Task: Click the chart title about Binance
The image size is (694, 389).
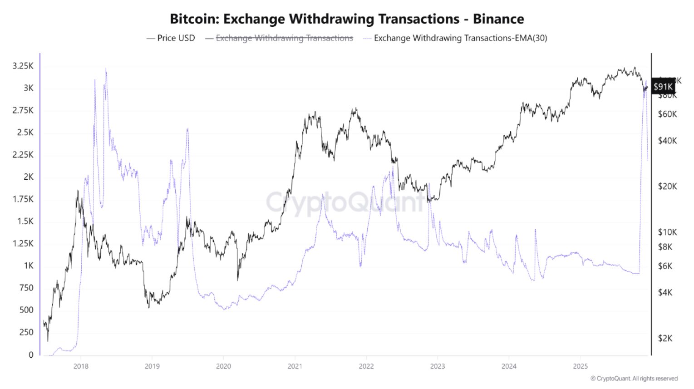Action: tap(347, 19)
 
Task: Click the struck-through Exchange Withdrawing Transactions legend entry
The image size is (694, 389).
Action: tap(284, 38)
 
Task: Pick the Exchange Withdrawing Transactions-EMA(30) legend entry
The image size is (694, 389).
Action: tap(460, 38)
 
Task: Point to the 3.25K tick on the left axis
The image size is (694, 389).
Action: tap(23, 66)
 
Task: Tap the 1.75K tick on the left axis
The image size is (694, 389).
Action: tap(23, 199)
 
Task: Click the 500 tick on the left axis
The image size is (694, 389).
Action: tap(26, 310)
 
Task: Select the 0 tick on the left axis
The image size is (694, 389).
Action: tap(31, 355)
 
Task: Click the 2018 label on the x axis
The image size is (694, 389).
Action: tap(81, 366)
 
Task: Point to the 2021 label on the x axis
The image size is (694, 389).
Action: tap(295, 366)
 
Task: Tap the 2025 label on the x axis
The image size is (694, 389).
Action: tap(580, 366)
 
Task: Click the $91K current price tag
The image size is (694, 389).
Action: tap(663, 87)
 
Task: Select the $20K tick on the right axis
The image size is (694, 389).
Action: tap(667, 186)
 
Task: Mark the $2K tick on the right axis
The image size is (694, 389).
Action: tap(665, 338)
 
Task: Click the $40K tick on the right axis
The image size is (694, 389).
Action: tap(667, 141)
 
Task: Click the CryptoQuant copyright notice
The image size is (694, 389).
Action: tap(634, 379)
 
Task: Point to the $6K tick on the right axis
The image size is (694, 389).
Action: tap(665, 266)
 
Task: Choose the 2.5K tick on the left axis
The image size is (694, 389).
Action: tap(25, 133)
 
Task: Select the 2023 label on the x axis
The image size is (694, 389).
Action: tap(437, 366)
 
